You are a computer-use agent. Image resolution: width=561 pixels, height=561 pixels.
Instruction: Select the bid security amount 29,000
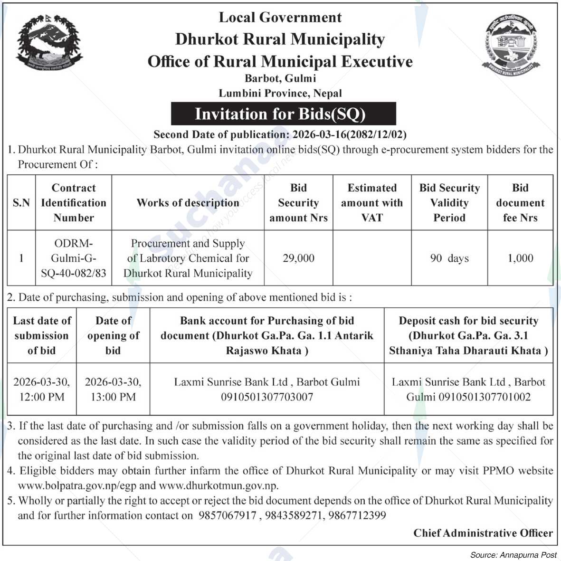[x=298, y=258]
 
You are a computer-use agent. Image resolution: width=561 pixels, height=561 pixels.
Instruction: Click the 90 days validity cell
[x=449, y=258]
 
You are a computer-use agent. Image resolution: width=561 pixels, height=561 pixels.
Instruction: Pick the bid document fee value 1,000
[x=520, y=258]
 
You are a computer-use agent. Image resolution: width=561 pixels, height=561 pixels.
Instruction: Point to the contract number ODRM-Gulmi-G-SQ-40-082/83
[x=74, y=258]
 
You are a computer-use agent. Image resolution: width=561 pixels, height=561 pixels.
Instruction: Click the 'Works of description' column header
[x=188, y=203]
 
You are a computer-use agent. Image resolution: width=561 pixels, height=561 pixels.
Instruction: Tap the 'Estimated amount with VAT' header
[x=371, y=203]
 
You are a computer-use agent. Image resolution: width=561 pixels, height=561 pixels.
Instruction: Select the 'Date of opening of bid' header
[x=113, y=335]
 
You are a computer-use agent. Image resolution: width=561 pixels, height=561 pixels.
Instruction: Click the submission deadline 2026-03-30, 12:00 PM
[x=42, y=389]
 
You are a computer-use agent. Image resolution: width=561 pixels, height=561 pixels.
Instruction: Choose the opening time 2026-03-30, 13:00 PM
[x=113, y=389]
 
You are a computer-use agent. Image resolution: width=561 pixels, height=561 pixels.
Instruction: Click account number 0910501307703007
[x=267, y=397]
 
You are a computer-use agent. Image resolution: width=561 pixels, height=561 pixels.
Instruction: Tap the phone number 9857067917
[x=227, y=515]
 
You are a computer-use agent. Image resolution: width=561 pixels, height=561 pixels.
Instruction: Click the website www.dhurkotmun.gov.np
[x=219, y=485]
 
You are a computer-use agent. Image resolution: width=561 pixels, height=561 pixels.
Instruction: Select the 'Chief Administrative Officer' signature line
[x=483, y=533]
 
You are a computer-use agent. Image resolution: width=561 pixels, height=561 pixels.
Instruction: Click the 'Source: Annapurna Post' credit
[x=513, y=554]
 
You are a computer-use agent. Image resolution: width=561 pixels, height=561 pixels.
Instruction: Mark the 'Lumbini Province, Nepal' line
[x=280, y=93]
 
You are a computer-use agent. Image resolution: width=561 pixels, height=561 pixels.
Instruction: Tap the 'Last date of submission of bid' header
[x=42, y=335]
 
